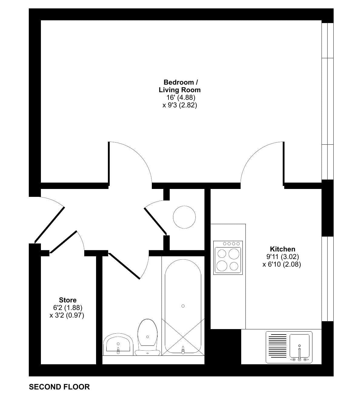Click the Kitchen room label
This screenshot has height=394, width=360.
click(282, 249)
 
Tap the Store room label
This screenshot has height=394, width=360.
click(68, 300)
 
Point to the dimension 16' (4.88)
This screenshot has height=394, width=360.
click(181, 97)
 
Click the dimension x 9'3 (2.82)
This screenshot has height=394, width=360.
click(180, 105)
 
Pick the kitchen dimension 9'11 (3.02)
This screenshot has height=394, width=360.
click(282, 257)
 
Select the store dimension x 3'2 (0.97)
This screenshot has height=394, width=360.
click(67, 315)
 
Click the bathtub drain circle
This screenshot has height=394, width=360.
click(183, 306)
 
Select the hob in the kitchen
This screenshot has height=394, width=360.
click(228, 258)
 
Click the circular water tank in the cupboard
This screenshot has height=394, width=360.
click(184, 217)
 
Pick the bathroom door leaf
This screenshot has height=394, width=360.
click(124, 266)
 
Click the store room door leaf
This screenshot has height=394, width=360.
click(63, 242)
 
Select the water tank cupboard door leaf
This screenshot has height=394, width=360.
click(155, 221)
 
